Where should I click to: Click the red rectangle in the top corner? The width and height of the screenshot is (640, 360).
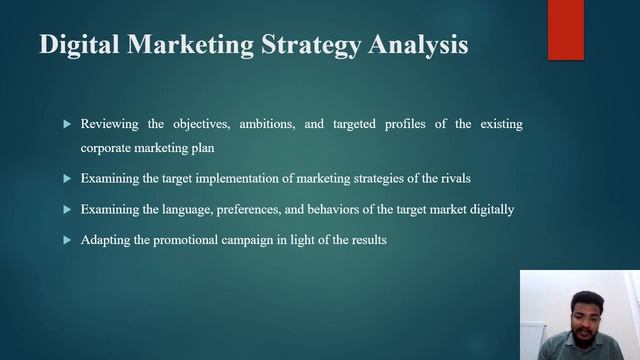tap(565, 30)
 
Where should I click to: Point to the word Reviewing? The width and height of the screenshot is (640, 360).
tap(112, 124)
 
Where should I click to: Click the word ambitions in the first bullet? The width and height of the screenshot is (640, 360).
tap(261, 124)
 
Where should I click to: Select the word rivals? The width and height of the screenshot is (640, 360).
tap(451, 178)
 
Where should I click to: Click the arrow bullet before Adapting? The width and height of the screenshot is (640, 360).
tap(67, 240)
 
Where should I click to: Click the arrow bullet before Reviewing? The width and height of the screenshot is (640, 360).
tap(67, 124)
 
